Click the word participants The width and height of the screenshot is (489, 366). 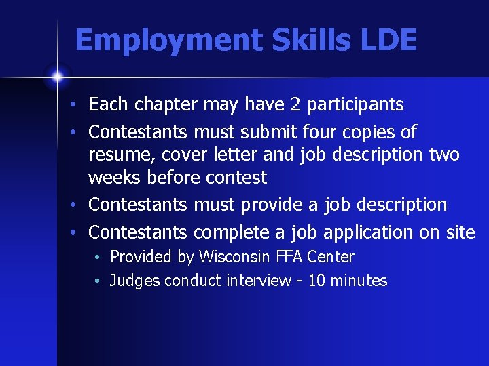(356, 104)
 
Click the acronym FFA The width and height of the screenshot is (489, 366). (291, 257)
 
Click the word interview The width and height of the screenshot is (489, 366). (258, 281)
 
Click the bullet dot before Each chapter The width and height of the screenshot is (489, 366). (79, 106)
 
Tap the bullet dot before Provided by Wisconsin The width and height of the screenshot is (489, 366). (99, 258)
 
